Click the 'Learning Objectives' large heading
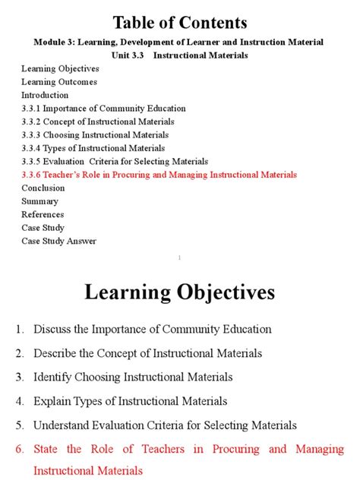(179, 292)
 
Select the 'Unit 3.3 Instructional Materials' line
(179, 55)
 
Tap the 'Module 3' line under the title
(179, 42)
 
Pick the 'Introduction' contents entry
(45, 95)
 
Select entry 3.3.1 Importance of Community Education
(93, 109)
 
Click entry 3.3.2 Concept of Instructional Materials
(98, 122)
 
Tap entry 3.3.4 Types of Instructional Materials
(93, 148)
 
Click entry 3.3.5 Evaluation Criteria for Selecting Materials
(115, 161)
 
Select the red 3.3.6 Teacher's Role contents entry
(159, 175)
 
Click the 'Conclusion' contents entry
(43, 188)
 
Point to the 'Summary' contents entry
(39, 201)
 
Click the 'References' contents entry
(43, 214)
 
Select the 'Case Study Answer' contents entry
(58, 241)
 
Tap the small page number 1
(179, 258)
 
